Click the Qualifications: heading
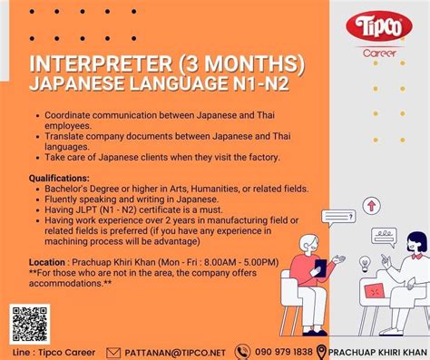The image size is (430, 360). pos(59,178)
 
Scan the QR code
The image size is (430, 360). pos(30,324)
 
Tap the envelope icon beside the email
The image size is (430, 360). pos(113,352)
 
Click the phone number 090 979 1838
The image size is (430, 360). pos(284,352)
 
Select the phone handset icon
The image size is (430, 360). pos(242,352)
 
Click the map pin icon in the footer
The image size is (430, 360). pos(321,351)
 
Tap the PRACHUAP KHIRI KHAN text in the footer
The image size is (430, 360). pos(377,352)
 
